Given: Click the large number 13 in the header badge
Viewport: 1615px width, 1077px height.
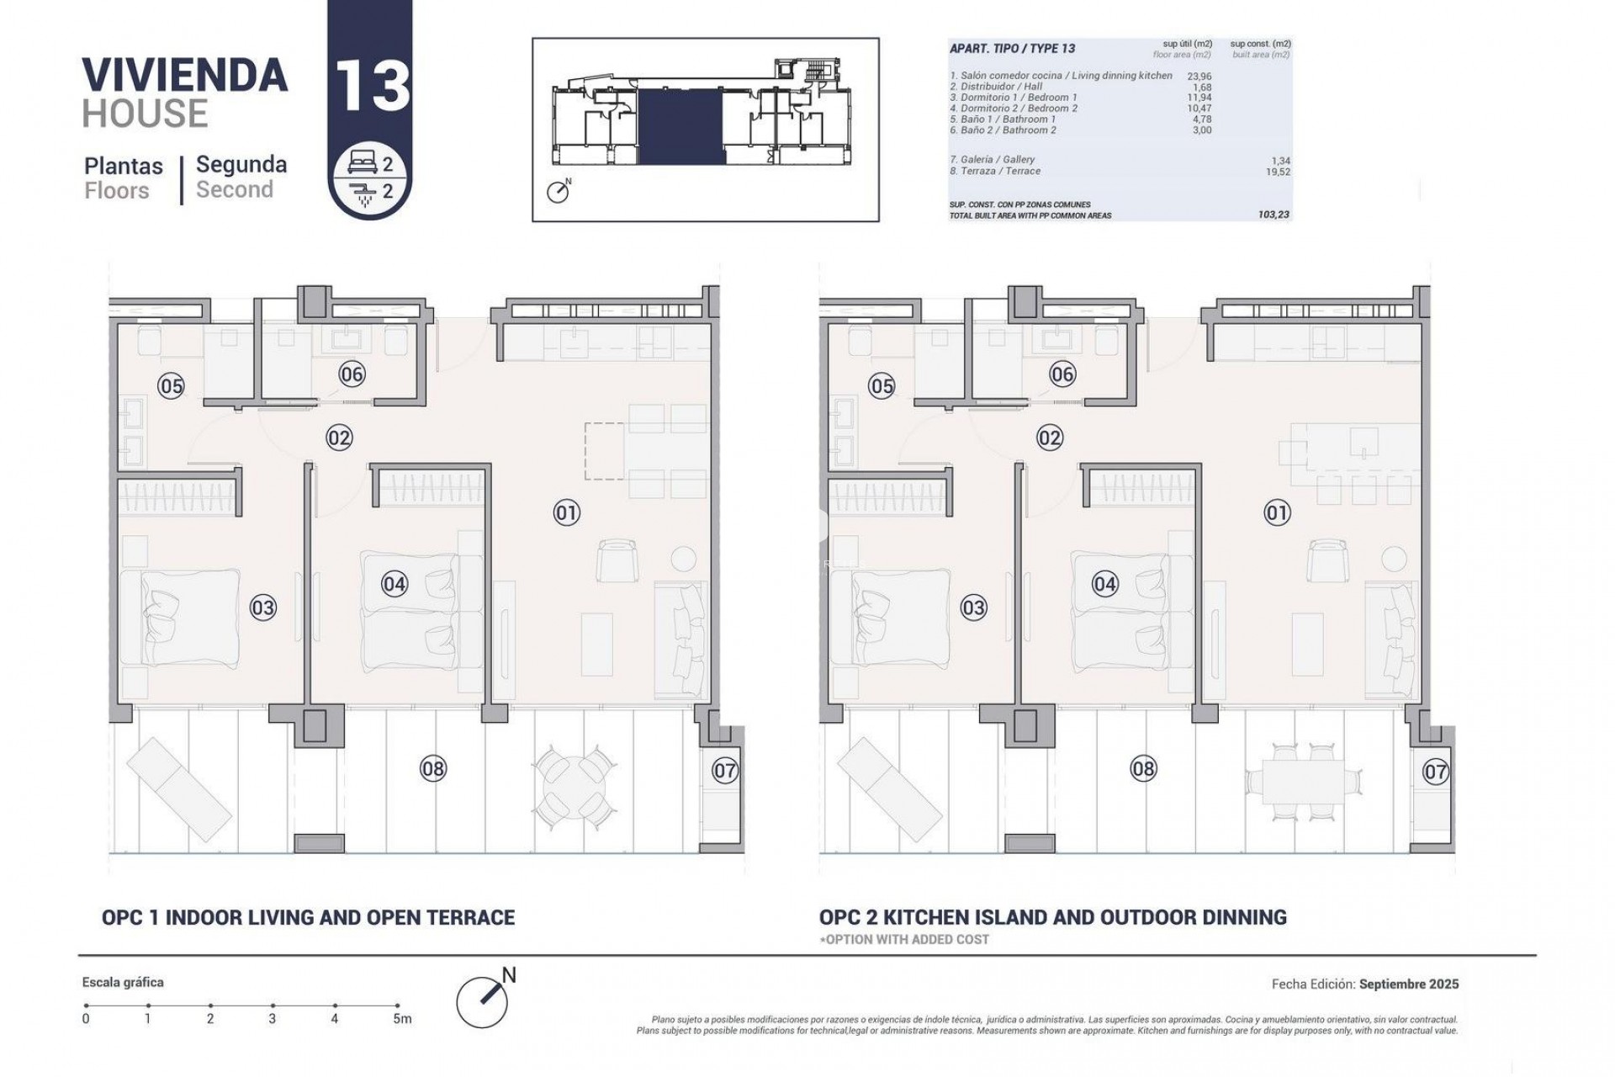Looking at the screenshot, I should [371, 86].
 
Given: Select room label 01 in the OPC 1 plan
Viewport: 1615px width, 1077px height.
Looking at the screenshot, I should [567, 512].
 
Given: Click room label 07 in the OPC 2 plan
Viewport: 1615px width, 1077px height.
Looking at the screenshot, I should [1435, 772].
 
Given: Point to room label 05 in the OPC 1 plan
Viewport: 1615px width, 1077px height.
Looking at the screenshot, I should [172, 386].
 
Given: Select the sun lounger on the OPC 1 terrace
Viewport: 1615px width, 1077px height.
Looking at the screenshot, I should [178, 781].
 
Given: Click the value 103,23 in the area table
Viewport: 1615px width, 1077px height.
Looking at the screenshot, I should [1273, 215].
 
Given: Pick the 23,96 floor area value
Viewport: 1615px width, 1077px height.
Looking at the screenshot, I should [1199, 76].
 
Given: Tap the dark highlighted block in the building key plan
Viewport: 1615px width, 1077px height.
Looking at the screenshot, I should [680, 126].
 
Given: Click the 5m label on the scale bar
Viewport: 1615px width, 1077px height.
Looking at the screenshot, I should [402, 1019].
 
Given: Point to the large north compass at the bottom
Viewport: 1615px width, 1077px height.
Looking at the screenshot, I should [482, 1000].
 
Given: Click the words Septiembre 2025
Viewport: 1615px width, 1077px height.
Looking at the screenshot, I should [1409, 984].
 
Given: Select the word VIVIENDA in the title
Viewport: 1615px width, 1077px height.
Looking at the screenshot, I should [185, 75].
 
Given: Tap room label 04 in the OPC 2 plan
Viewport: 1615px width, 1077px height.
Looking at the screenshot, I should [1104, 584].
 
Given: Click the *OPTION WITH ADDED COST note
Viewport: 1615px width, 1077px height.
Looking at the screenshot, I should [904, 939].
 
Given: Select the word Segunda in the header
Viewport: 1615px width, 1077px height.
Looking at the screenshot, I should [241, 165].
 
